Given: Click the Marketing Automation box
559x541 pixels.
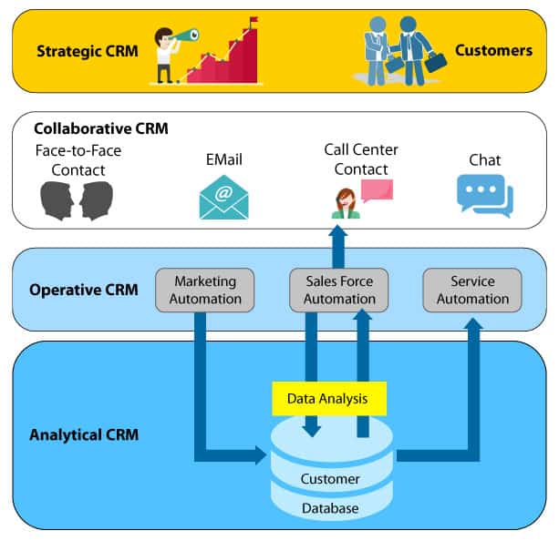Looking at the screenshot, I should point(205,290).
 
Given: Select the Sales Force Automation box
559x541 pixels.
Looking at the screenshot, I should point(338,290).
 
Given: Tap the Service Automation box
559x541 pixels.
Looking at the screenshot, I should point(472,290).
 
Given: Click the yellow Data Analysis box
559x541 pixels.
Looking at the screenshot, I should point(329,398).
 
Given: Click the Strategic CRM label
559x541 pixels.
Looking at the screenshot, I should point(88,50).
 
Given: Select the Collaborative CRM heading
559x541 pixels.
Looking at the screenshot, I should point(101,128).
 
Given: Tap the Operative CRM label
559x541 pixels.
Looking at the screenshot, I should point(84,290).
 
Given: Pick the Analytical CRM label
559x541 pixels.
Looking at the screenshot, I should point(83,434).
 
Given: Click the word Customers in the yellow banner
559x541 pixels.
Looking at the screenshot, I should point(493,50).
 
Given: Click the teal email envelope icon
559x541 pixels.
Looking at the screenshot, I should point(223,198).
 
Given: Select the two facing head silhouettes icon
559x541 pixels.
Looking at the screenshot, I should point(77,200).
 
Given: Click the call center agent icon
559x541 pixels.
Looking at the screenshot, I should point(347,202).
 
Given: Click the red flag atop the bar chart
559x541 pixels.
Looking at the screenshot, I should point(253,21).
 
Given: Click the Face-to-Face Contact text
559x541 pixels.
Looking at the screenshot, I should point(78,159).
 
